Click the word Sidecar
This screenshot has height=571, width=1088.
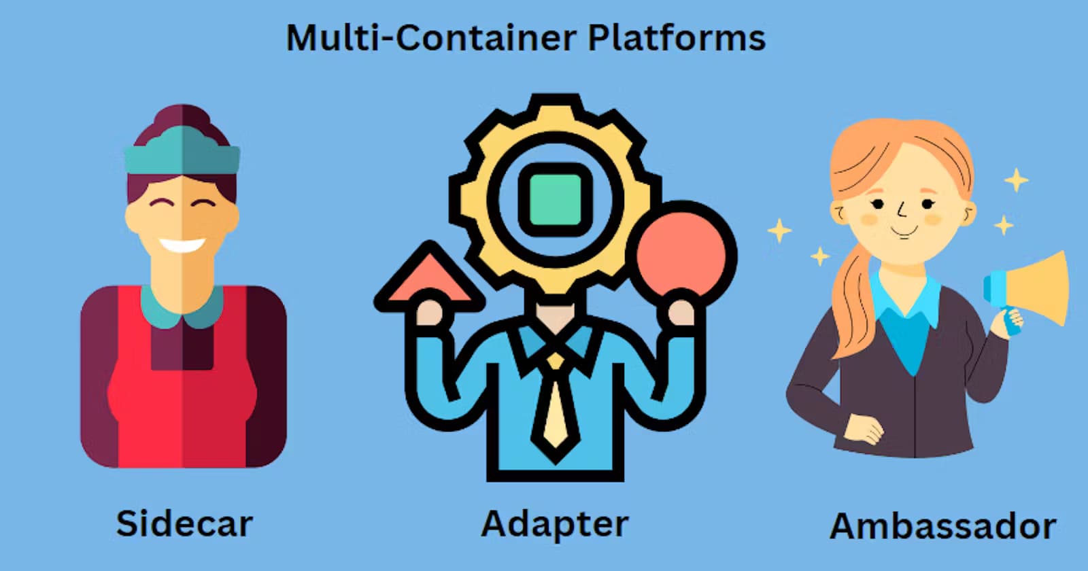coord(184,524)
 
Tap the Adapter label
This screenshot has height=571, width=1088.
coord(555,525)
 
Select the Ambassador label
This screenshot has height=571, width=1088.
coord(943,527)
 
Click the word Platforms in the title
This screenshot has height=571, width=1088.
coord(677,37)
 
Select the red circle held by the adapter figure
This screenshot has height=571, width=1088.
coord(685,252)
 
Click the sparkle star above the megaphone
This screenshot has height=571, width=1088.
coord(1017,180)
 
